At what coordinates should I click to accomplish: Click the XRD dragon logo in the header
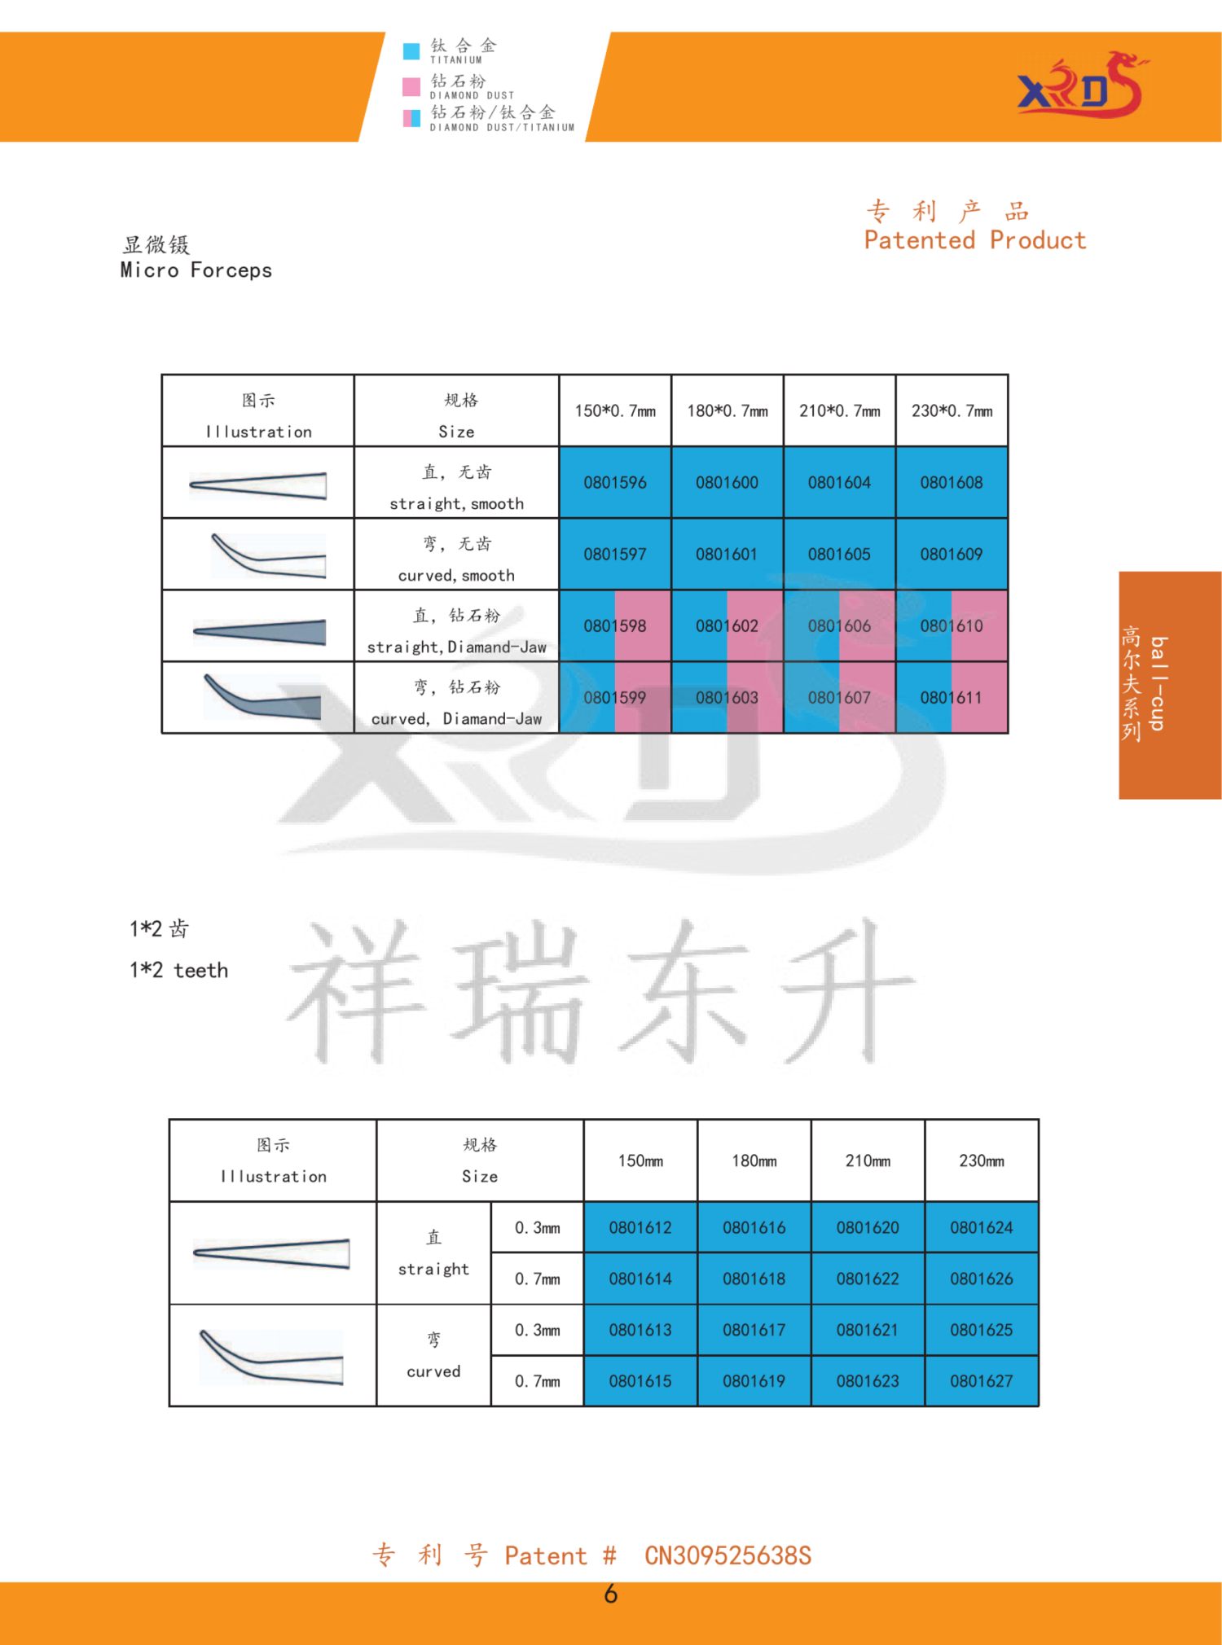(x=1082, y=85)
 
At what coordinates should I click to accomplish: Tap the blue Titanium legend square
(x=411, y=51)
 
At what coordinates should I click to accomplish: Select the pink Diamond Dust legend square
(x=411, y=86)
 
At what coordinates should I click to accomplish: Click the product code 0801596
(x=615, y=482)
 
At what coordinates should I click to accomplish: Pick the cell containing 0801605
(x=839, y=554)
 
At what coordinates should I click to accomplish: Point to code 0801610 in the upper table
(x=952, y=625)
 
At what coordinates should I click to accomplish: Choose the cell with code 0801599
(x=615, y=697)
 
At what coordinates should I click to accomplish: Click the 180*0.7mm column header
(x=727, y=410)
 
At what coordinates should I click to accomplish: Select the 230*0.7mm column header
(x=952, y=410)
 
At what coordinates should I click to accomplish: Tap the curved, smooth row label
(x=456, y=575)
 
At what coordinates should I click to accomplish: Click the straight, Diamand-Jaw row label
(x=456, y=647)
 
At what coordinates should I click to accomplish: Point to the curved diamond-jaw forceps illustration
(x=262, y=697)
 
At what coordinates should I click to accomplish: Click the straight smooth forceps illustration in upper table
(x=258, y=485)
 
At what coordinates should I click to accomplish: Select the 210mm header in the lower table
(x=868, y=1160)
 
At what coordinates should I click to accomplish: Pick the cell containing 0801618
(x=754, y=1279)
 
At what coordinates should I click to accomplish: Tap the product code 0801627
(x=982, y=1381)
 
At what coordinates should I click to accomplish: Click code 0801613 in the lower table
(x=640, y=1330)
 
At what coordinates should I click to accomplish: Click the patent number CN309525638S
(x=728, y=1555)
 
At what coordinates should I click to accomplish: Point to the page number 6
(x=611, y=1594)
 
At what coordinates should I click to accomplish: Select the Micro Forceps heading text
(x=196, y=270)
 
